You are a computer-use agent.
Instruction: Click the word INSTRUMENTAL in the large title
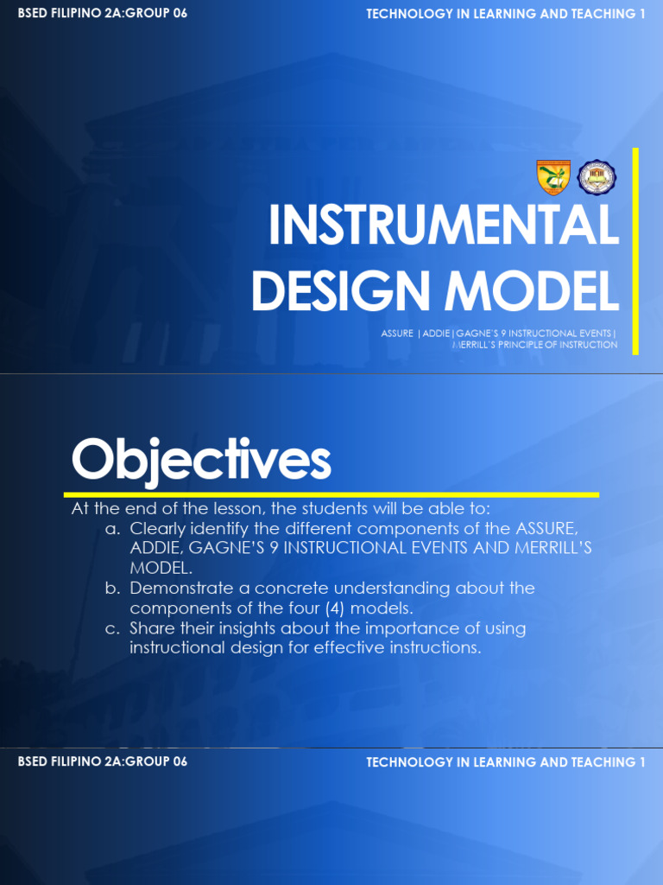pyautogui.click(x=443, y=226)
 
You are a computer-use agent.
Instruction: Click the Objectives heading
pyautogui.click(x=201, y=460)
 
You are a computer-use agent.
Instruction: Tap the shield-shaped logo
pyautogui.click(x=553, y=177)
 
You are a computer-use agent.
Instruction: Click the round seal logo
pyautogui.click(x=596, y=177)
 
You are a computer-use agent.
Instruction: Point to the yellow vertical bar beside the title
pyautogui.click(x=635, y=251)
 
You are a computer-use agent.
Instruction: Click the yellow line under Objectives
pyautogui.click(x=331, y=495)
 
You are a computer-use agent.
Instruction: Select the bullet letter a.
pyautogui.click(x=112, y=528)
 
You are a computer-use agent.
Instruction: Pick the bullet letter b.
pyautogui.click(x=112, y=589)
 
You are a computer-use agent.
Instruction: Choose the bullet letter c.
pyautogui.click(x=112, y=628)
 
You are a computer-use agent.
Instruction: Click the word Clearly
pyautogui.click(x=159, y=528)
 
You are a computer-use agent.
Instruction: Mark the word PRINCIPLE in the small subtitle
pyautogui.click(x=533, y=345)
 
